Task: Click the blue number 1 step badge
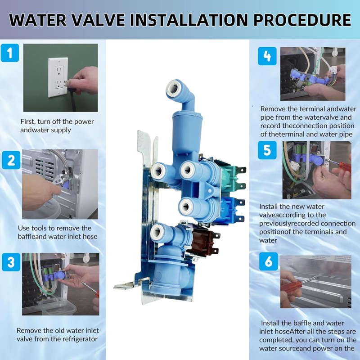tap(10, 53)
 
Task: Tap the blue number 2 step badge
tap(11, 160)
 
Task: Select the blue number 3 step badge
tap(11, 262)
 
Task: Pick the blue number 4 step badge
tap(267, 56)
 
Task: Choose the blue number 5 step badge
tap(267, 150)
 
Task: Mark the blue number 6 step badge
tap(268, 261)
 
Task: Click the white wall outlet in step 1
tap(58, 77)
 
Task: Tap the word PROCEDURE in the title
tap(302, 20)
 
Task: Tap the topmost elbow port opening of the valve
tap(174, 88)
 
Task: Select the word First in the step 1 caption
tap(27, 121)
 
